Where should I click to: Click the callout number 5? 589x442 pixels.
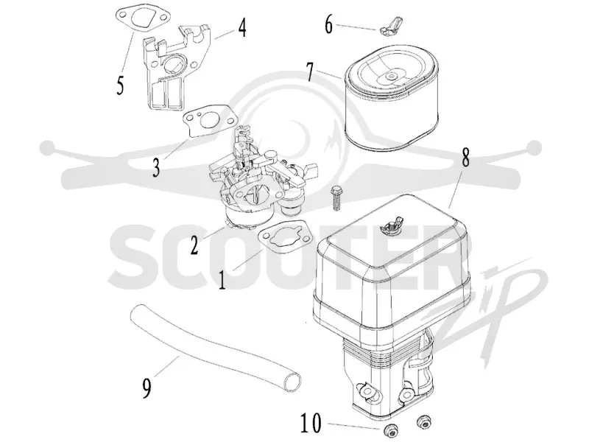pos(120,85)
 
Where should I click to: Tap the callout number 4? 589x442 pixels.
pos(242,28)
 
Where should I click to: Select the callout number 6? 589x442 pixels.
pos(328,25)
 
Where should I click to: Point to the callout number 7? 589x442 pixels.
pos(310,71)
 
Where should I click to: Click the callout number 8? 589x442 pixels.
pos(465,158)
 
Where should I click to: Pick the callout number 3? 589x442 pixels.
pos(156,167)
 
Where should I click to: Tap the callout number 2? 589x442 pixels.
pos(194,245)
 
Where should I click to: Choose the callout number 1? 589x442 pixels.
pos(222,280)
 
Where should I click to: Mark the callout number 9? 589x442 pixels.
pos(147,388)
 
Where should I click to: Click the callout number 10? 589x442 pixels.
pos(311,423)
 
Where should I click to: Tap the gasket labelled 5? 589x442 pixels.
pos(142,19)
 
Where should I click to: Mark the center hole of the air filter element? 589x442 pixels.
pos(392,77)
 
